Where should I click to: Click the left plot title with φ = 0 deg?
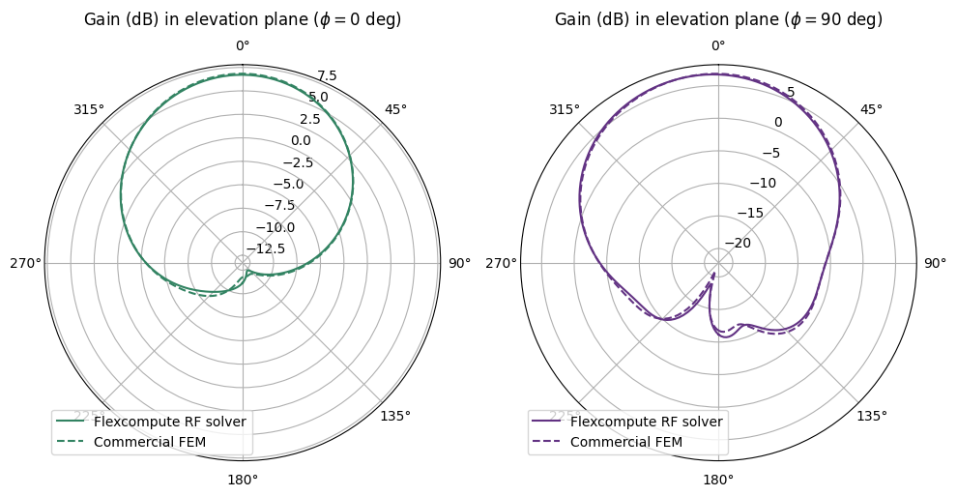point(242,19)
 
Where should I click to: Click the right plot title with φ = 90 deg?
point(717,19)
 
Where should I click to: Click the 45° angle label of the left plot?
point(396,109)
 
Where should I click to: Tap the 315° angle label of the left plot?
point(88,109)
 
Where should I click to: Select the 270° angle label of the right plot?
point(501,263)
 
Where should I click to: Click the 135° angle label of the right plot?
point(872,416)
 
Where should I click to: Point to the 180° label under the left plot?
point(242,481)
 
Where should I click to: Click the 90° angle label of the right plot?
point(935,263)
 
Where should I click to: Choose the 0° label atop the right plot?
point(717,45)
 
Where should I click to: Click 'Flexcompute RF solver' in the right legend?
point(647,422)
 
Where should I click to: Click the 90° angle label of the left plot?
point(459,263)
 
